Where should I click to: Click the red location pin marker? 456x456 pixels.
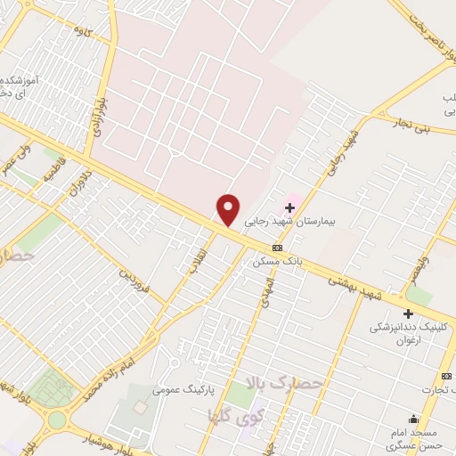coord(229,209)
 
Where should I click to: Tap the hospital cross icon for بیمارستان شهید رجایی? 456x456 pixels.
coord(289,208)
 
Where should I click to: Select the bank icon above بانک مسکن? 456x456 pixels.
coord(278,248)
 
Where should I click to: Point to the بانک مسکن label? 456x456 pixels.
coord(278,262)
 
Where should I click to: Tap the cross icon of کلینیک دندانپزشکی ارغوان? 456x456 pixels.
coord(408,313)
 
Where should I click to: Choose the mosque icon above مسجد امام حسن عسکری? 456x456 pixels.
coord(412,419)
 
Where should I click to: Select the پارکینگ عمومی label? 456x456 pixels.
coord(180,389)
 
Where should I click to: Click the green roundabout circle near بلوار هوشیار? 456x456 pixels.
coord(58,419)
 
